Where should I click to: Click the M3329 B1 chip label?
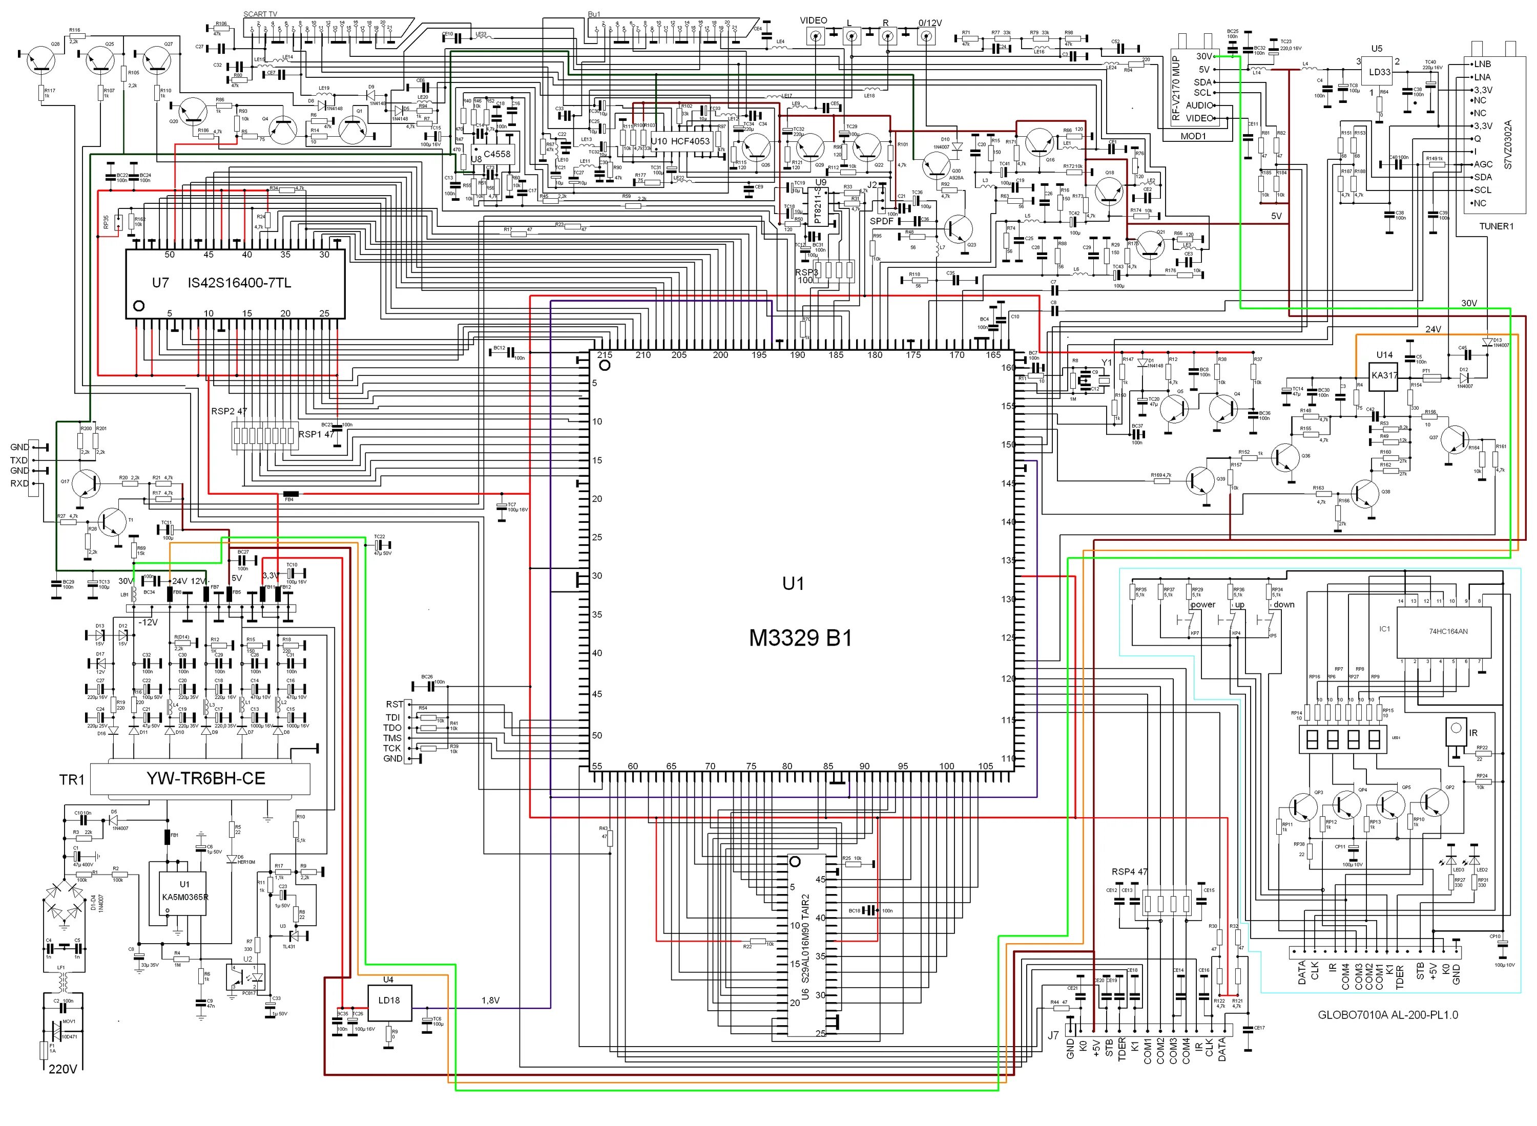coord(801,638)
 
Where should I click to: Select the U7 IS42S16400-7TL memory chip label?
coord(222,282)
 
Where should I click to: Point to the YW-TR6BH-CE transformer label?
coord(205,778)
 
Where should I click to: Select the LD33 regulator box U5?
coord(1380,72)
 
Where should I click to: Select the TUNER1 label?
coord(1496,226)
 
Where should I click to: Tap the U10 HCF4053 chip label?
coord(680,142)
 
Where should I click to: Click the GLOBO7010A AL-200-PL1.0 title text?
coord(1388,1014)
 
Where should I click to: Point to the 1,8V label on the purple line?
coord(491,1001)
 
